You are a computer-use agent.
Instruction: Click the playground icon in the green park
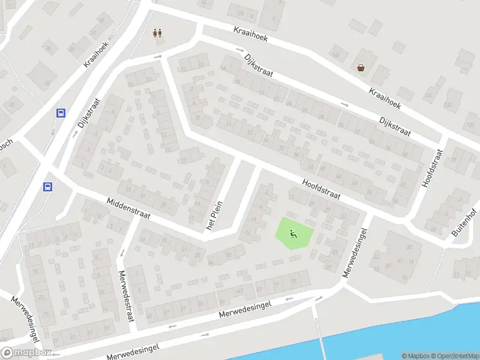(293, 234)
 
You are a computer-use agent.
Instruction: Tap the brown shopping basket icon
(361, 68)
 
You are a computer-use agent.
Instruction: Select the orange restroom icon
(158, 33)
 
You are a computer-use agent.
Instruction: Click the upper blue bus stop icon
(61, 113)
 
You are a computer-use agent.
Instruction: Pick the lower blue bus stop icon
(48, 187)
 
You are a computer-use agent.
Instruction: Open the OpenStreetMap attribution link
(455, 356)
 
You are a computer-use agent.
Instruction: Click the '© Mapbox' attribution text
(415, 356)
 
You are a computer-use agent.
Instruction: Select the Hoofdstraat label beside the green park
(322, 187)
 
